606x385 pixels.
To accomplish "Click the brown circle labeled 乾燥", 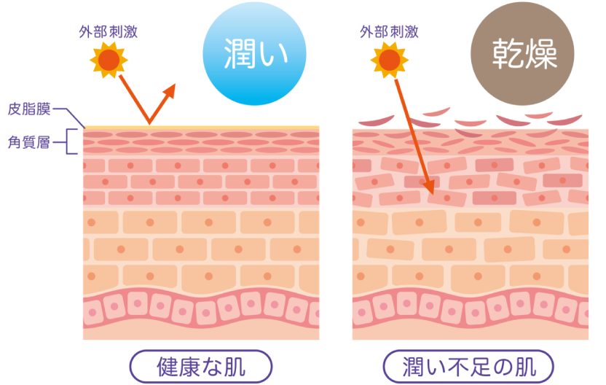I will [x=522, y=55].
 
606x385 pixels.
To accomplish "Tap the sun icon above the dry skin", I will [x=389, y=59].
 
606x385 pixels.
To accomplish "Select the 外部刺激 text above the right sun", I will [x=389, y=32].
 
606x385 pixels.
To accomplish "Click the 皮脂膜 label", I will [x=28, y=109].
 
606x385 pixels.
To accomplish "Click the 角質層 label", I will [x=28, y=143].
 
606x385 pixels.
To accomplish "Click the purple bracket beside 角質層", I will [x=68, y=142].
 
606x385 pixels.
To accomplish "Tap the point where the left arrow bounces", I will [x=150, y=124].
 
